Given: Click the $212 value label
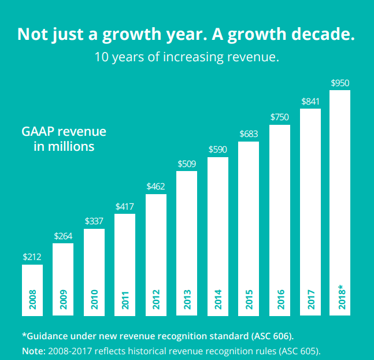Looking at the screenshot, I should pos(32,257).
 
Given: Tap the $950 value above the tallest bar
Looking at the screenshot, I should pos(340,83).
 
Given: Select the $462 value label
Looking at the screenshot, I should pos(156,186).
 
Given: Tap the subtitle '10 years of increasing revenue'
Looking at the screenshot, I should pos(187,57).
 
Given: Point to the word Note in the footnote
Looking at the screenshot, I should pos(32,350).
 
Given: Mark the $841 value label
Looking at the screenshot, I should pos(310,101).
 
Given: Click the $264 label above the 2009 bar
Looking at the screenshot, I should pos(63,235).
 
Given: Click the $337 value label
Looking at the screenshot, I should pos(94,221).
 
